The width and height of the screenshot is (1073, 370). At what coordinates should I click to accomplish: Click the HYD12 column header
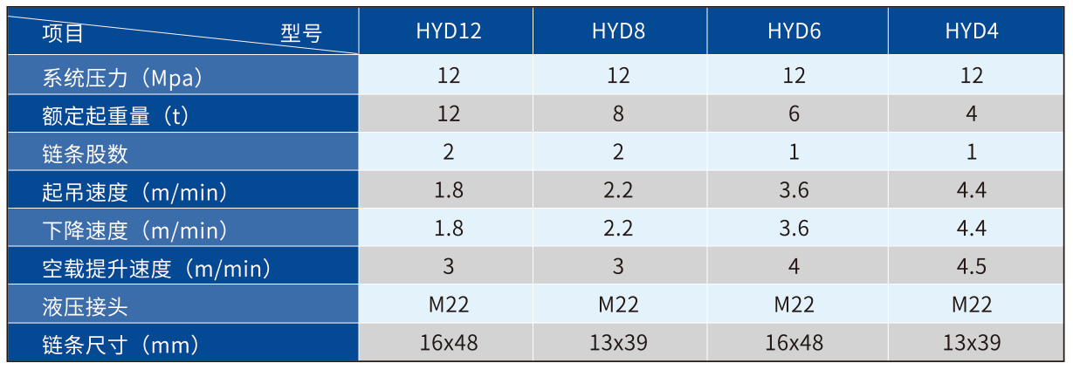tap(449, 31)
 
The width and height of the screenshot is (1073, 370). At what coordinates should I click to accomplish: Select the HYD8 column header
tap(618, 31)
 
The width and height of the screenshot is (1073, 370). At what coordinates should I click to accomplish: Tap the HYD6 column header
tap(794, 31)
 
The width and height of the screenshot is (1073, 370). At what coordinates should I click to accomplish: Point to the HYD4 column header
tap(972, 31)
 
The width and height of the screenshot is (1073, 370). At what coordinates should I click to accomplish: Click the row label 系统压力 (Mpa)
tap(122, 78)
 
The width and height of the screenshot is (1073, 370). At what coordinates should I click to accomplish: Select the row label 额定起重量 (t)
tap(115, 116)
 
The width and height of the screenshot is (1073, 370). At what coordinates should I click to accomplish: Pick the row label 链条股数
tap(86, 154)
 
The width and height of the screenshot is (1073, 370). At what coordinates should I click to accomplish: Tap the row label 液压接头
tap(86, 307)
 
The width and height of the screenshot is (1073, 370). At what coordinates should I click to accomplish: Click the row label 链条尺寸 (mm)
tap(120, 345)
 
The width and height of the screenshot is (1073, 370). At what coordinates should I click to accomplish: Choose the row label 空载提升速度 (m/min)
tap(156, 269)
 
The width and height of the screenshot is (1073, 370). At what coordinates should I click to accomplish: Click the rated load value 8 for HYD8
tap(618, 114)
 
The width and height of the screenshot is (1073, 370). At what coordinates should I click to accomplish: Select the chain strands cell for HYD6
tap(794, 152)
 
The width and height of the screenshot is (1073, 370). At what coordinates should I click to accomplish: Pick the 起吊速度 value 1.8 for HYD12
tap(449, 190)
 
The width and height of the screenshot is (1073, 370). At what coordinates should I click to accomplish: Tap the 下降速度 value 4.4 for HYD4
tap(972, 229)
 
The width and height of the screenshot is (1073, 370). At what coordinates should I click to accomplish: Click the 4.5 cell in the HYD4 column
tap(972, 267)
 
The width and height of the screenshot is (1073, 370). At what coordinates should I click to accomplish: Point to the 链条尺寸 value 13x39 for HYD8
tap(618, 343)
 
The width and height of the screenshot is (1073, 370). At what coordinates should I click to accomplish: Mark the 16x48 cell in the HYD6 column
tap(794, 343)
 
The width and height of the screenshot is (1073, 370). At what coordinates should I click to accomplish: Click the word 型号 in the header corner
tap(301, 33)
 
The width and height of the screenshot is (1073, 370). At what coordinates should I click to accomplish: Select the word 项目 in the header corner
tap(63, 33)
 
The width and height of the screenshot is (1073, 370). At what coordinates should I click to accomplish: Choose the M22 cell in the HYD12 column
tap(449, 305)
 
